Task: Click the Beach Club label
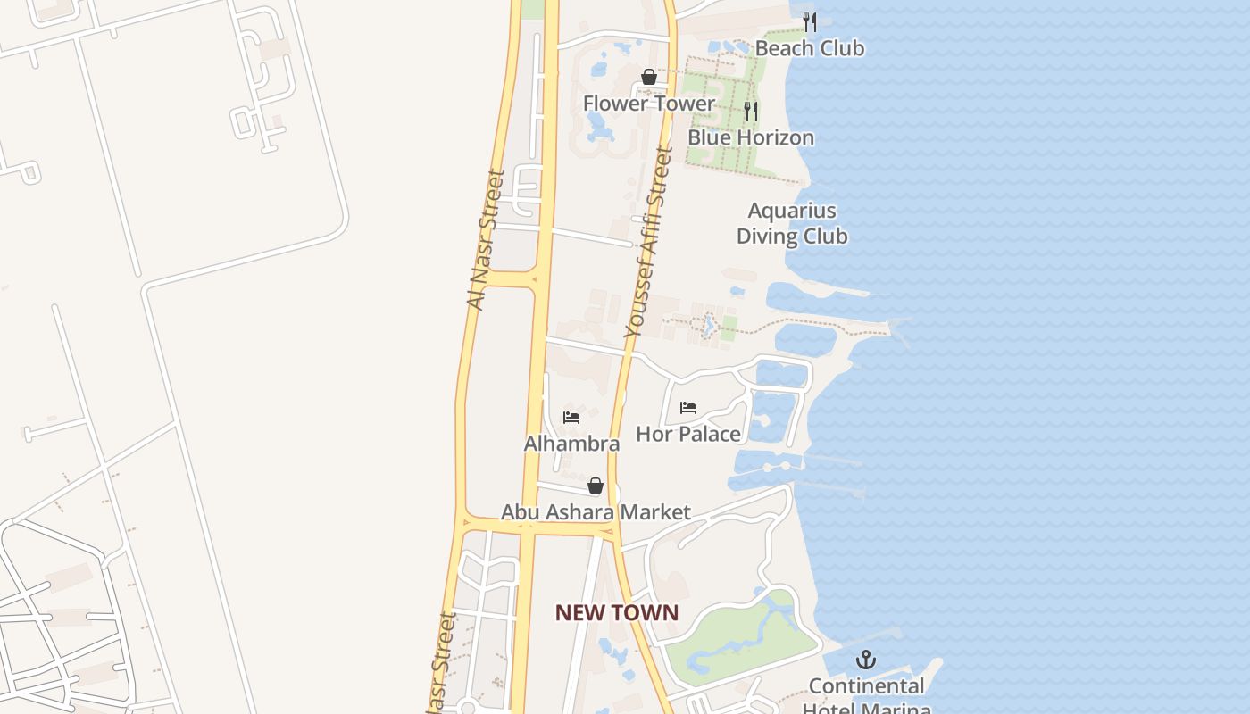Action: [810, 48]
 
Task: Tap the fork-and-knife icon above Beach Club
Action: [810, 21]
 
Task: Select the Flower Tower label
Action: [649, 104]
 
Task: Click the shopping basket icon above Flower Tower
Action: [649, 77]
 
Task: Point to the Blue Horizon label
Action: [751, 137]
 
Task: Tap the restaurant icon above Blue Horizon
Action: [751, 112]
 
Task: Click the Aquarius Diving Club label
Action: [792, 223]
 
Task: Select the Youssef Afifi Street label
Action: [648, 243]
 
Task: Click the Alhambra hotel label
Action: [571, 444]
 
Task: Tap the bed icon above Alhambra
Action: [571, 417]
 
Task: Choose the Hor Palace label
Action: [688, 435]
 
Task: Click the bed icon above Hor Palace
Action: [688, 408]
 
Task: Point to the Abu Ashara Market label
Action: [596, 512]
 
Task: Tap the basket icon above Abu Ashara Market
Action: [596, 486]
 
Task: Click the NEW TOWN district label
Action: [617, 613]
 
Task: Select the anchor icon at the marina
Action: [865, 660]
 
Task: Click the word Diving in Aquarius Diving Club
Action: [771, 237]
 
